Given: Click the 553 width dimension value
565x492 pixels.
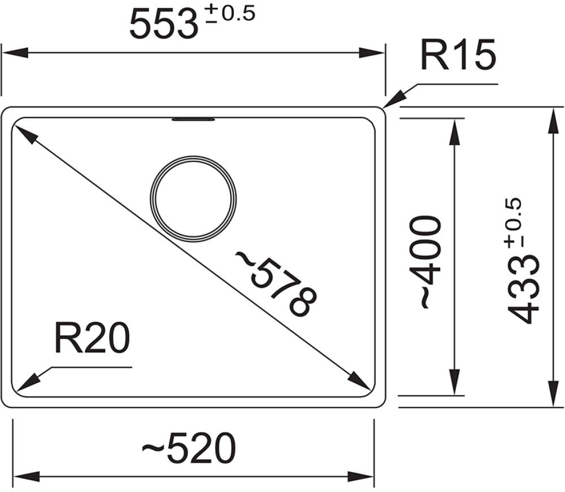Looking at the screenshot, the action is tap(164, 24).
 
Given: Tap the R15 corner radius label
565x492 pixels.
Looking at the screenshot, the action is tap(458, 56).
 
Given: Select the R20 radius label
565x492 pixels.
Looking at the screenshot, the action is tap(92, 339).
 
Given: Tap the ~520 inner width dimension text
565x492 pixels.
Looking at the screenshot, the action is tap(189, 448).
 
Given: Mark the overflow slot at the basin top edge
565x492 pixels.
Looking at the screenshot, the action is tap(193, 119).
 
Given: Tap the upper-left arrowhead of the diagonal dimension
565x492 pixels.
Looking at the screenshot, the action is tap(25, 134).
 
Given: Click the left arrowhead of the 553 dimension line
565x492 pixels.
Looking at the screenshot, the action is tap(15, 53).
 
